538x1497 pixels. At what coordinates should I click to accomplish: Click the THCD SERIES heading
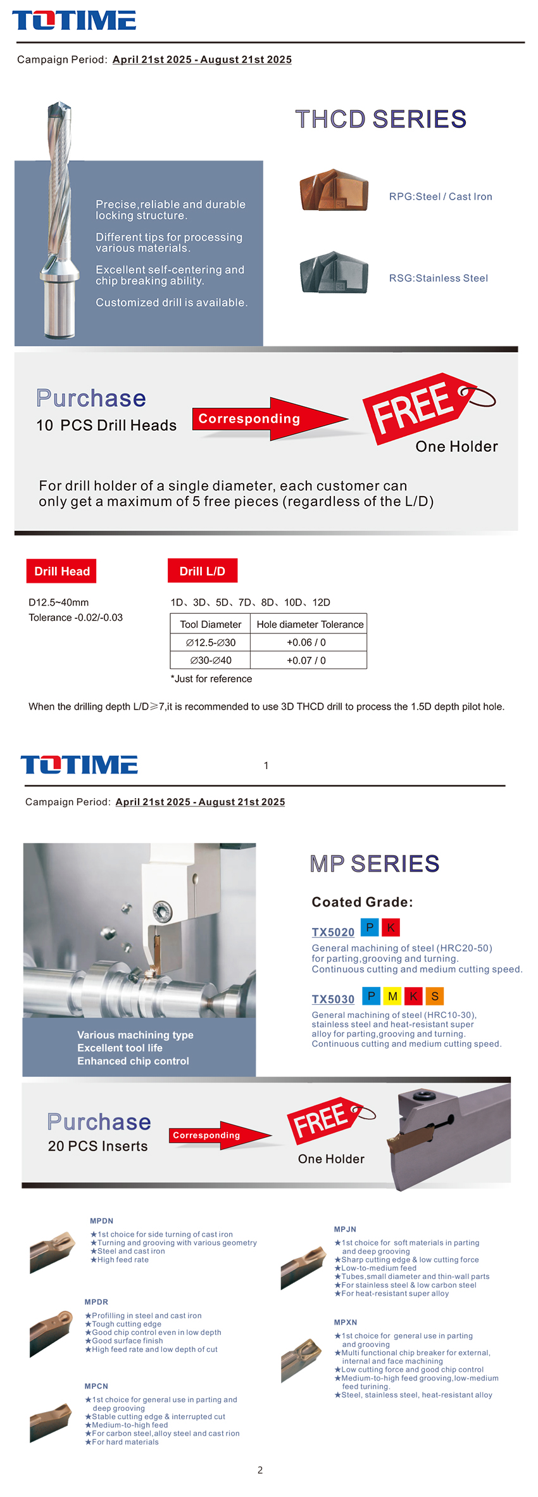[x=380, y=119]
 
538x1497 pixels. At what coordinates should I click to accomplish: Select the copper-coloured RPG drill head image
[x=333, y=190]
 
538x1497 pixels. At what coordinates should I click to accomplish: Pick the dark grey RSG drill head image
[x=333, y=272]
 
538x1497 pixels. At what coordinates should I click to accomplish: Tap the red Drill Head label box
[x=61, y=571]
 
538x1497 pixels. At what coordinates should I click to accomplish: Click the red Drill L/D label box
[x=203, y=571]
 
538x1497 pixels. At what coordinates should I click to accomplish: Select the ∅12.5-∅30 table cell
[x=211, y=642]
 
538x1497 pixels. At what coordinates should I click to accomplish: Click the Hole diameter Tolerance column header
[x=310, y=624]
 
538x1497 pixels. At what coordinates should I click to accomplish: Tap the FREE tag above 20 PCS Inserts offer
[x=324, y=1119]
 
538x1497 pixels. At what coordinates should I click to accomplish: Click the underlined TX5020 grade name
[x=333, y=932]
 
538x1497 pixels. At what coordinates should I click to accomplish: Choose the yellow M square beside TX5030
[x=392, y=997]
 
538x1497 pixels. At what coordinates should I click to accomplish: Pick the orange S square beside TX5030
[x=435, y=997]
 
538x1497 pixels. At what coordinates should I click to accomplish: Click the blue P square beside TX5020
[x=370, y=927]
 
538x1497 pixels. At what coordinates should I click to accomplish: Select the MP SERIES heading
[x=375, y=863]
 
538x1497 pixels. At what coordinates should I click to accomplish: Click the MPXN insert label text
[x=346, y=1322]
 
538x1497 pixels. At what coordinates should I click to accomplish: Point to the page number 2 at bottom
[x=260, y=1470]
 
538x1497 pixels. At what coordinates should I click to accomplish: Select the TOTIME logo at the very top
[x=74, y=20]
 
